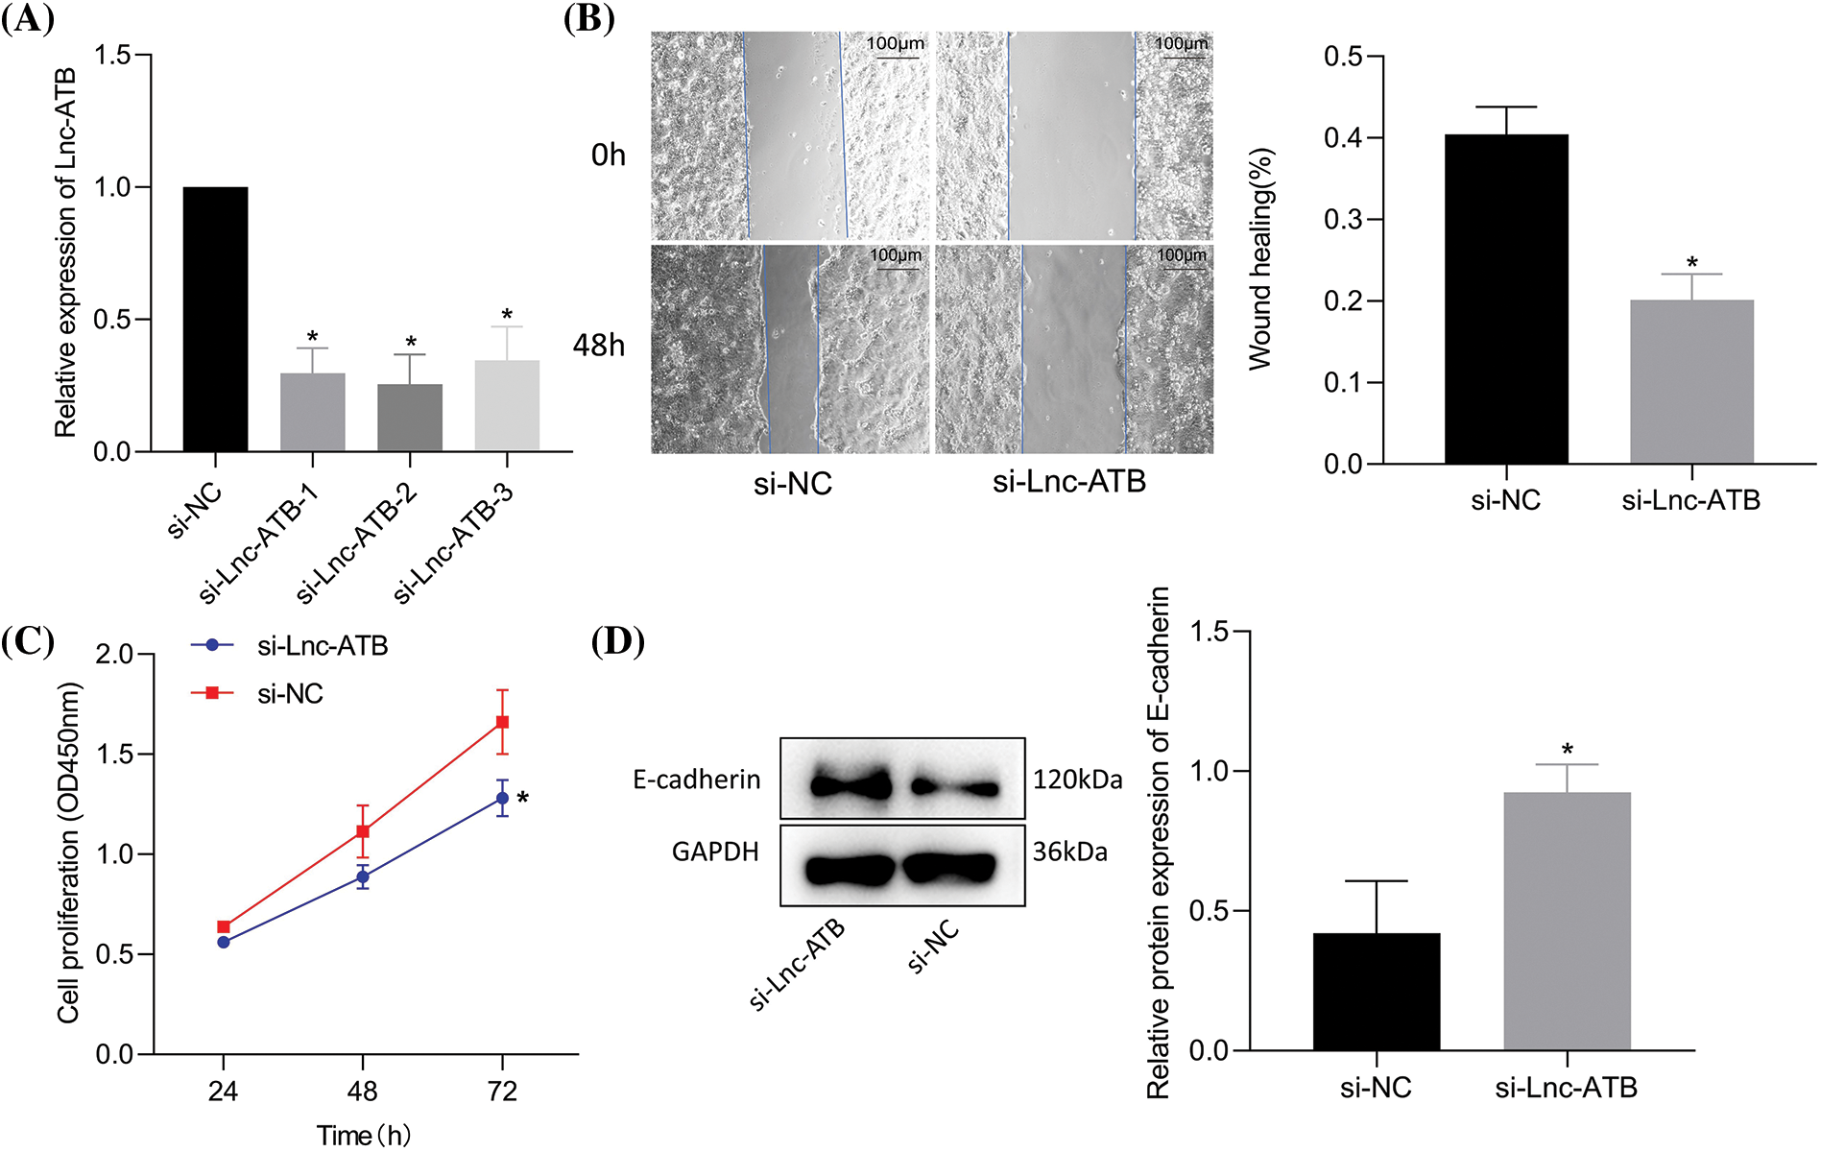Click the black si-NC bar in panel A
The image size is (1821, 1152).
point(215,319)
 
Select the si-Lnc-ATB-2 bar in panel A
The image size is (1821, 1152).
point(410,418)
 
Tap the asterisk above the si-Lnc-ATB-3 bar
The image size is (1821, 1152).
point(507,315)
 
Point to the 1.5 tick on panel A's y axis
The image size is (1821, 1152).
point(112,55)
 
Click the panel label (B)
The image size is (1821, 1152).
point(588,18)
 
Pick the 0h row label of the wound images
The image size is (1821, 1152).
point(608,155)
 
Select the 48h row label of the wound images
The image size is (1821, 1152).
point(598,345)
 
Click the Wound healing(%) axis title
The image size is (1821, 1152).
point(1259,259)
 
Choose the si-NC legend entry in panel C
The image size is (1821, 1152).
point(290,694)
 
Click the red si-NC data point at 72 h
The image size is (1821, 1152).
point(502,722)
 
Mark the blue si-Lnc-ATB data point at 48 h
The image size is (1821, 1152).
point(363,876)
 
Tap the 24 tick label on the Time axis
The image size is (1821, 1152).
point(223,1092)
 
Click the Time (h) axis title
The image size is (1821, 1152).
point(364,1136)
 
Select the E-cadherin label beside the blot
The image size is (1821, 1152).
point(696,780)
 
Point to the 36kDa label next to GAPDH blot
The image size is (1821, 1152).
point(1069,852)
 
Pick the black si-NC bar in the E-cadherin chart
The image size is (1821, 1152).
point(1376,991)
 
